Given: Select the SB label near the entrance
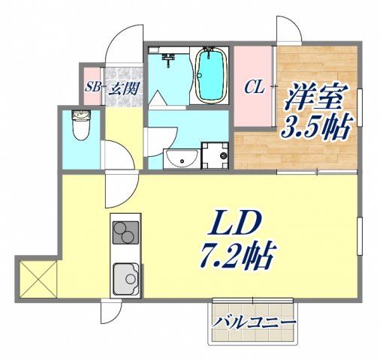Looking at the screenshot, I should coord(93,88).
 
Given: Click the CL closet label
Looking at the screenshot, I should coord(253,87).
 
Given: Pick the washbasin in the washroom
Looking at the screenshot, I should coord(180,158).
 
